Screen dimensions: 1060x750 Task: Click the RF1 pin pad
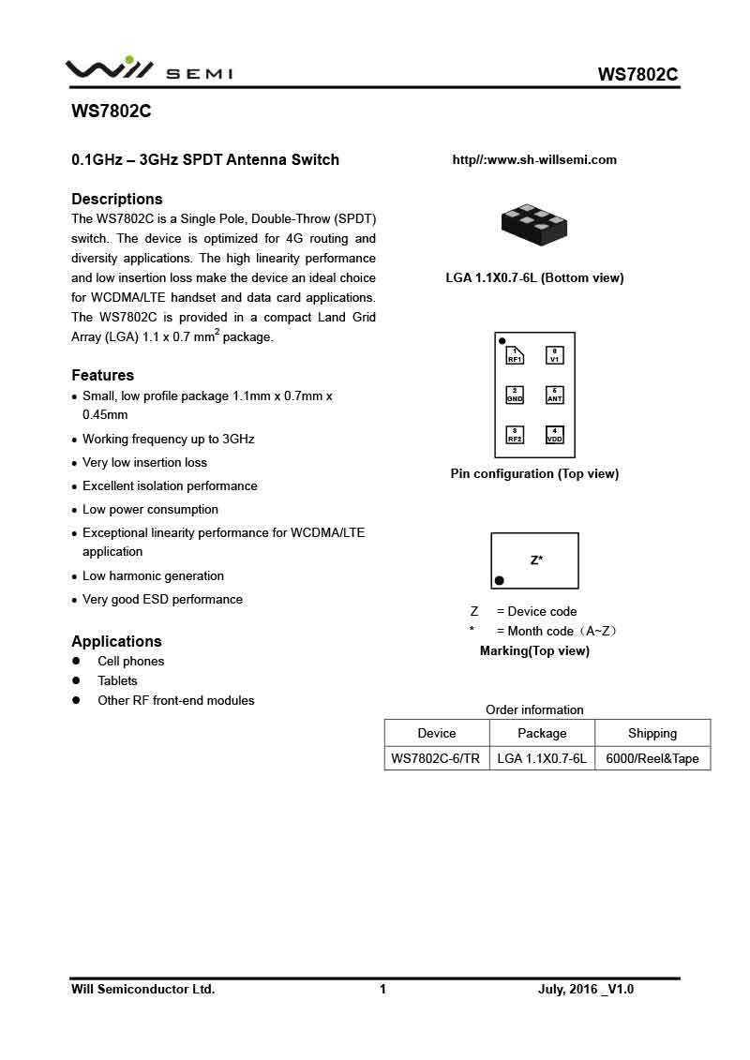tap(515, 355)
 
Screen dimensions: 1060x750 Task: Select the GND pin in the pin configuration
tap(515, 395)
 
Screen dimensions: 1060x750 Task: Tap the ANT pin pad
tap(555, 395)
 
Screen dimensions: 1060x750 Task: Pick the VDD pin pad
tap(555, 434)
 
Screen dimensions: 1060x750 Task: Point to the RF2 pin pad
tap(515, 434)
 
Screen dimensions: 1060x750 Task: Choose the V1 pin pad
tap(555, 355)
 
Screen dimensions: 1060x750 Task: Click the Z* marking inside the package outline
tap(536, 560)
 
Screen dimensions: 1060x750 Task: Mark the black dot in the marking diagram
tap(500, 581)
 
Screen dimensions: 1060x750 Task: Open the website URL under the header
tap(534, 160)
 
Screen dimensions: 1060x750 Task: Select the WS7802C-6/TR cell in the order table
tap(436, 758)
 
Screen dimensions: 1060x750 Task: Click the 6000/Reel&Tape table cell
tap(652, 758)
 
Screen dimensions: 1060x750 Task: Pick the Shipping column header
tap(652, 733)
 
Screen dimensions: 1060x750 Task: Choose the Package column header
tap(542, 733)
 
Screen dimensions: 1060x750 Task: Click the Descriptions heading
tap(117, 199)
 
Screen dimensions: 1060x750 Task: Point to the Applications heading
tap(117, 641)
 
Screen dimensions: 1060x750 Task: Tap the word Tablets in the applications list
tap(117, 680)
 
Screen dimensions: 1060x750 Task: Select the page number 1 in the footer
tap(382, 989)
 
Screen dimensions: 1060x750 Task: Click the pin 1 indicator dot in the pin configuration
tap(502, 341)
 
